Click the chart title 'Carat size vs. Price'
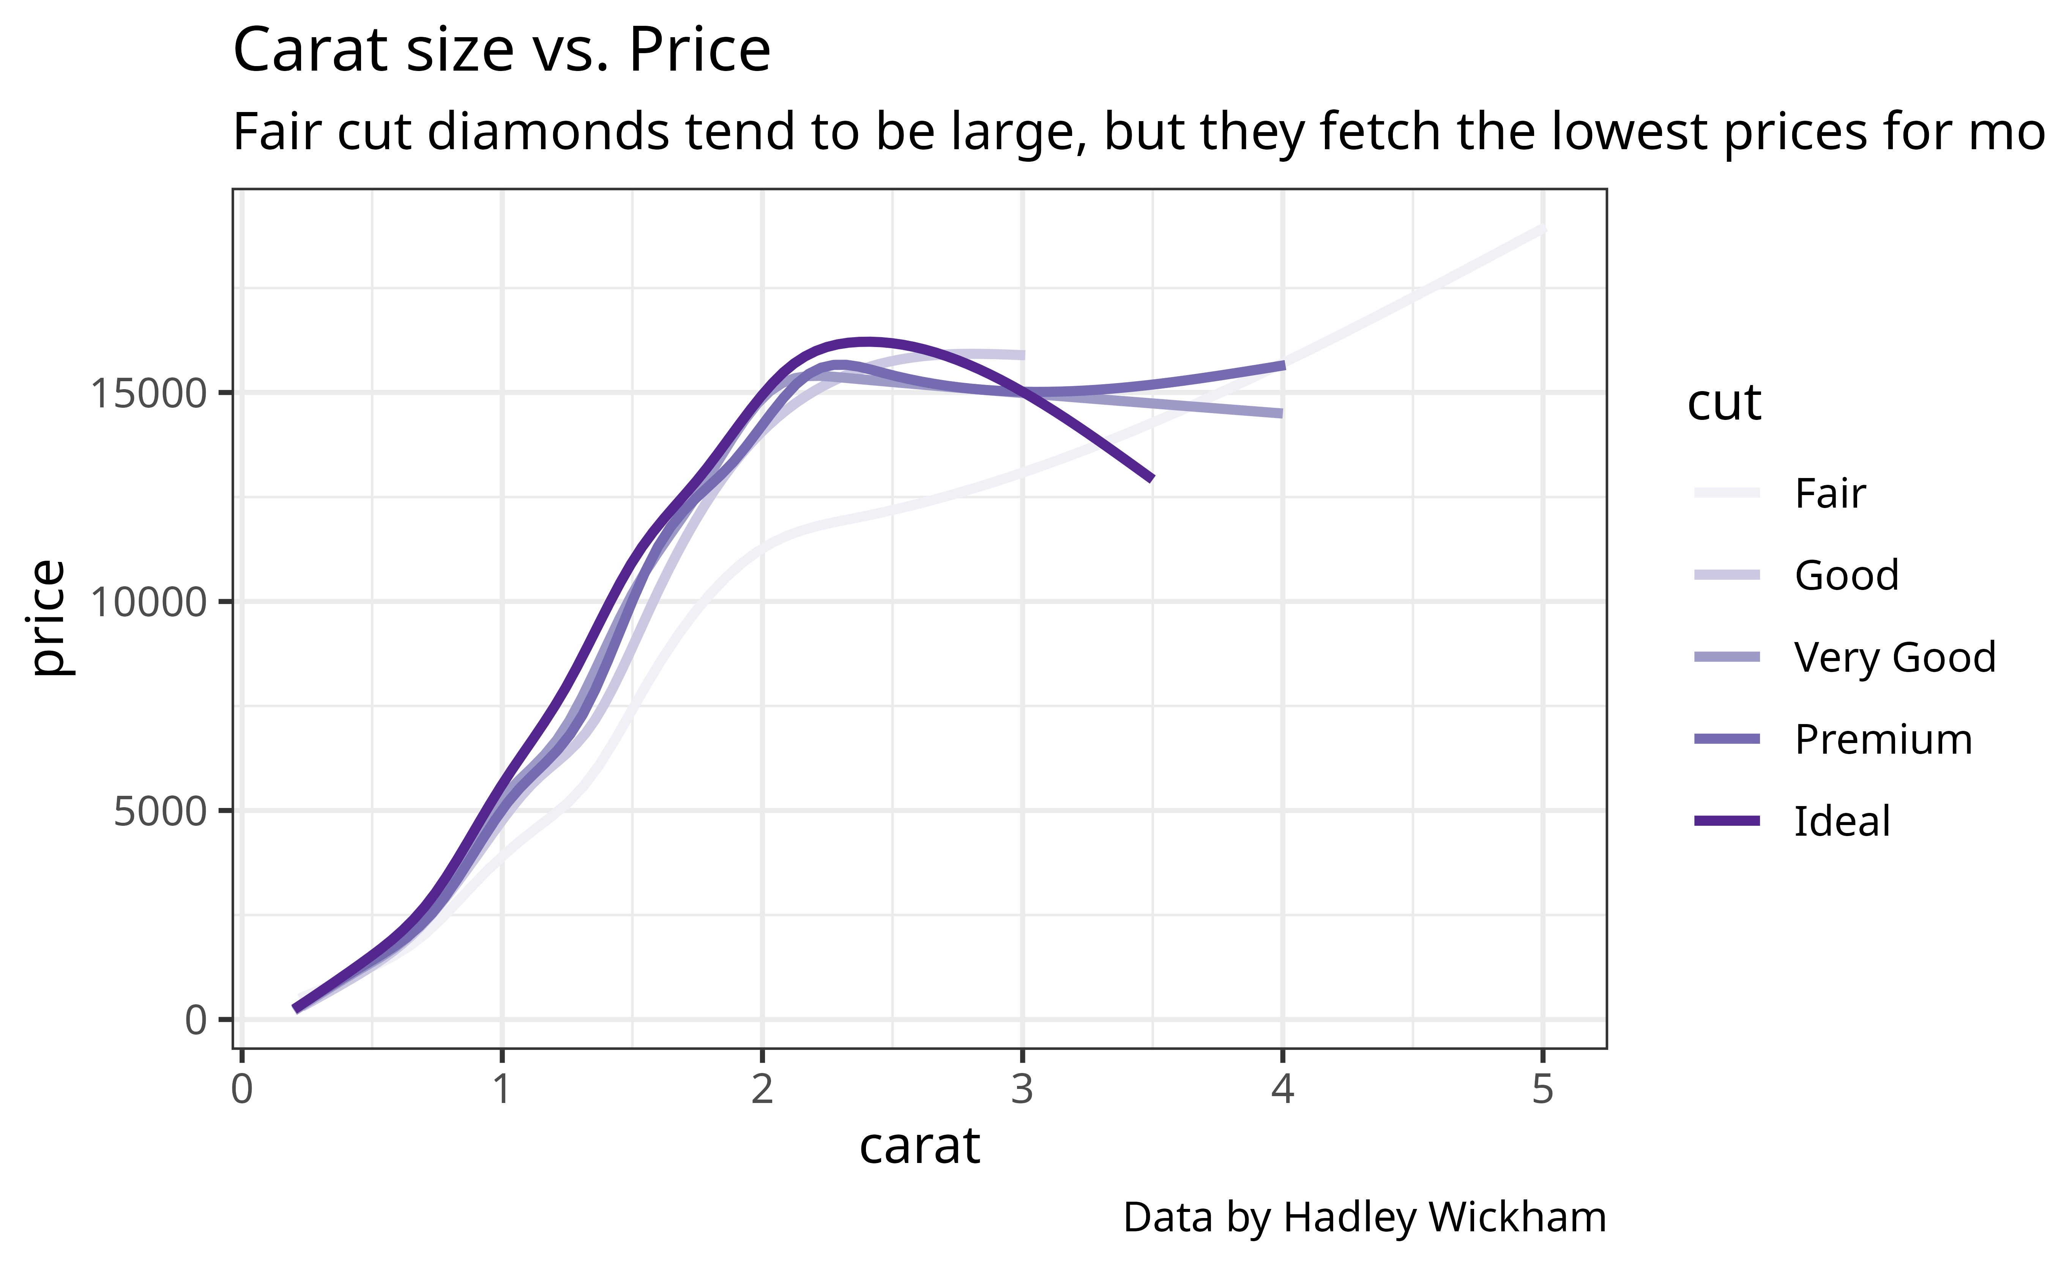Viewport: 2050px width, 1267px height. (x=501, y=50)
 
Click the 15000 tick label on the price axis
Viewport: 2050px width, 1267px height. (x=147, y=393)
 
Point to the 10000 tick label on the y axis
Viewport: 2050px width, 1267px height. (x=147, y=602)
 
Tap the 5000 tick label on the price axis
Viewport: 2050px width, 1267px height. (x=159, y=811)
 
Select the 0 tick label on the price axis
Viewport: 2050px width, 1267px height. (x=195, y=1020)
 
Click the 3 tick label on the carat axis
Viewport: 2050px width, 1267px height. (x=1022, y=1089)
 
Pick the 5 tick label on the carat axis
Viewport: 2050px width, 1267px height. (x=1542, y=1089)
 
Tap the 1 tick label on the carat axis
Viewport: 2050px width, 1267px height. (x=502, y=1089)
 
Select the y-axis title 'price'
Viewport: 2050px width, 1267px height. (x=49, y=618)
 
